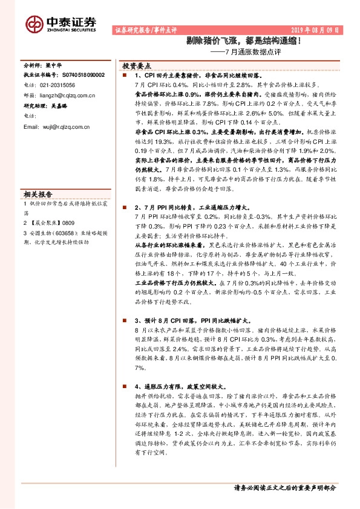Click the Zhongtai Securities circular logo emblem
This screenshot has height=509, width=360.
pos(34,24)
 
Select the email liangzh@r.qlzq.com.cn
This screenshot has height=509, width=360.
pos(65,95)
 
